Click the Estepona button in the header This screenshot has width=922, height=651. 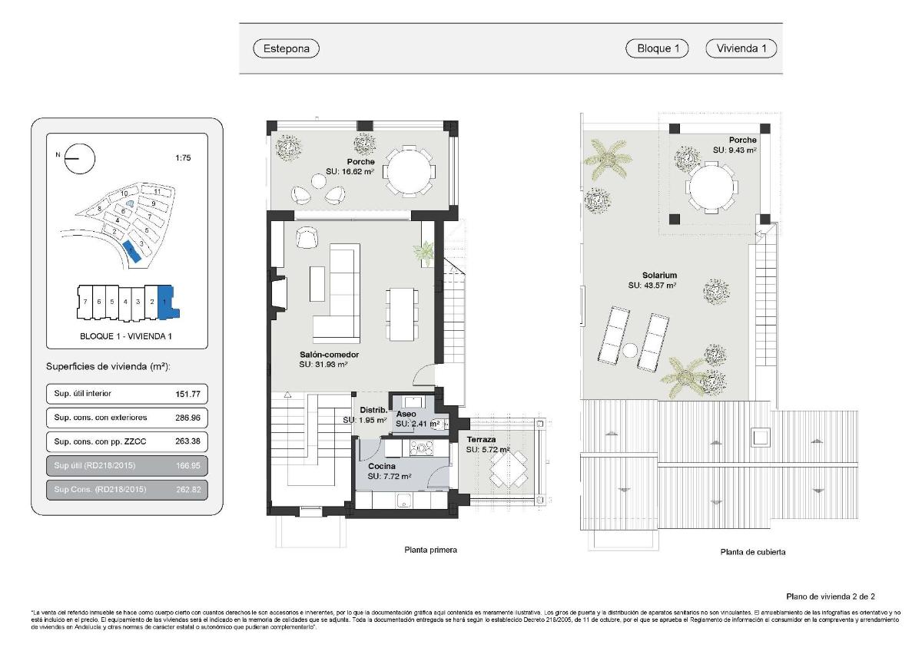tap(286, 48)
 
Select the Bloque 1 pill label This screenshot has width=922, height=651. tap(658, 48)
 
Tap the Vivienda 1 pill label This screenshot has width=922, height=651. tap(741, 48)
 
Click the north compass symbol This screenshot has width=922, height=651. tap(80, 160)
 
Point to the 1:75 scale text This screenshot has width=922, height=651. tap(183, 158)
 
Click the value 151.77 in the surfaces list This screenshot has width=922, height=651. tap(188, 394)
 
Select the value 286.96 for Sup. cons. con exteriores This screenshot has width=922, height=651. tap(188, 418)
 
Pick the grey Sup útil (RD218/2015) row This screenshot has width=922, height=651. tap(127, 465)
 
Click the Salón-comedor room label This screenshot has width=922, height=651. tap(330, 355)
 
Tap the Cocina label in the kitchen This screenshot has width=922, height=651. tap(382, 467)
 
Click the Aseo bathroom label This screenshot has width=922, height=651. tap(406, 414)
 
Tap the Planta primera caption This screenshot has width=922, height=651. tap(430, 550)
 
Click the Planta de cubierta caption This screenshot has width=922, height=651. tap(752, 551)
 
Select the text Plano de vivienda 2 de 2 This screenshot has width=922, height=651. tap(831, 596)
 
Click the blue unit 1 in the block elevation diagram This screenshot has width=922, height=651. tap(167, 302)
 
